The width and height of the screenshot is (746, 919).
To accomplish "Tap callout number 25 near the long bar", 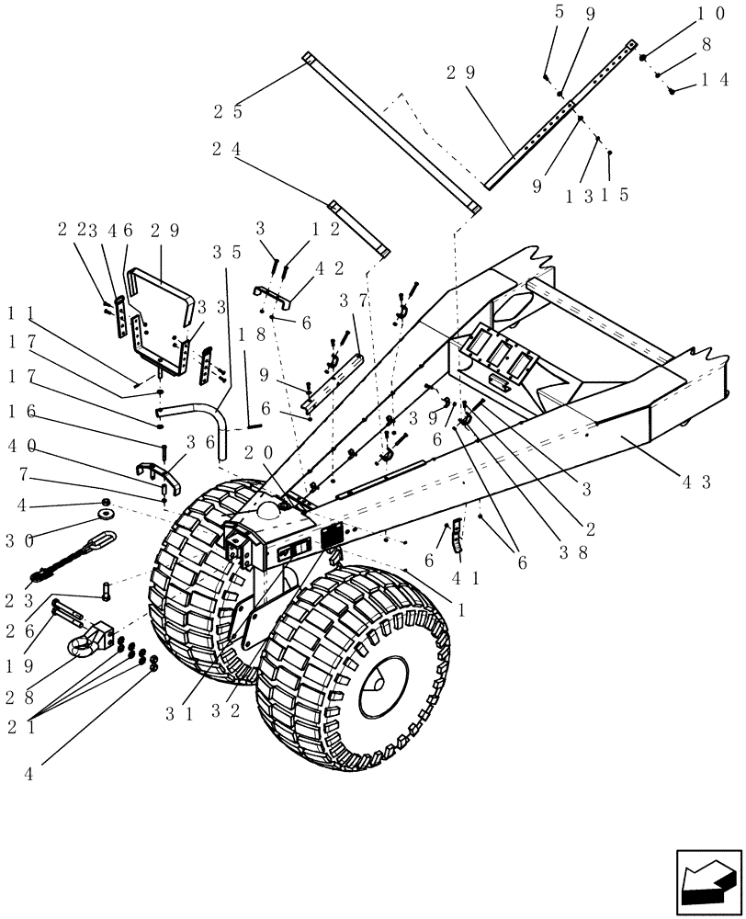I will click(229, 112).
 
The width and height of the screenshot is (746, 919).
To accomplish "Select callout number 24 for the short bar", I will click(227, 150).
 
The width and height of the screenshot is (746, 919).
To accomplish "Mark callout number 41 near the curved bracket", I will click(463, 580).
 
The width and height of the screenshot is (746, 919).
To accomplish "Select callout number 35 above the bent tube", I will click(227, 251).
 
